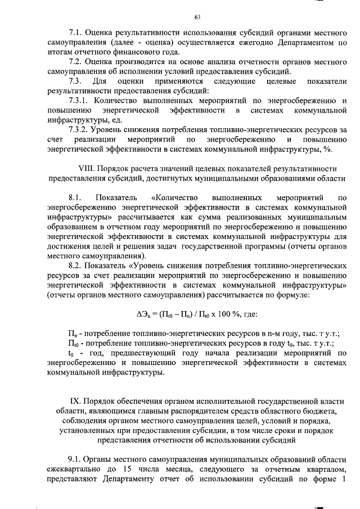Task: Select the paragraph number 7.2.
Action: (x=74, y=61)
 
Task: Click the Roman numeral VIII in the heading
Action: (x=87, y=168)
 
